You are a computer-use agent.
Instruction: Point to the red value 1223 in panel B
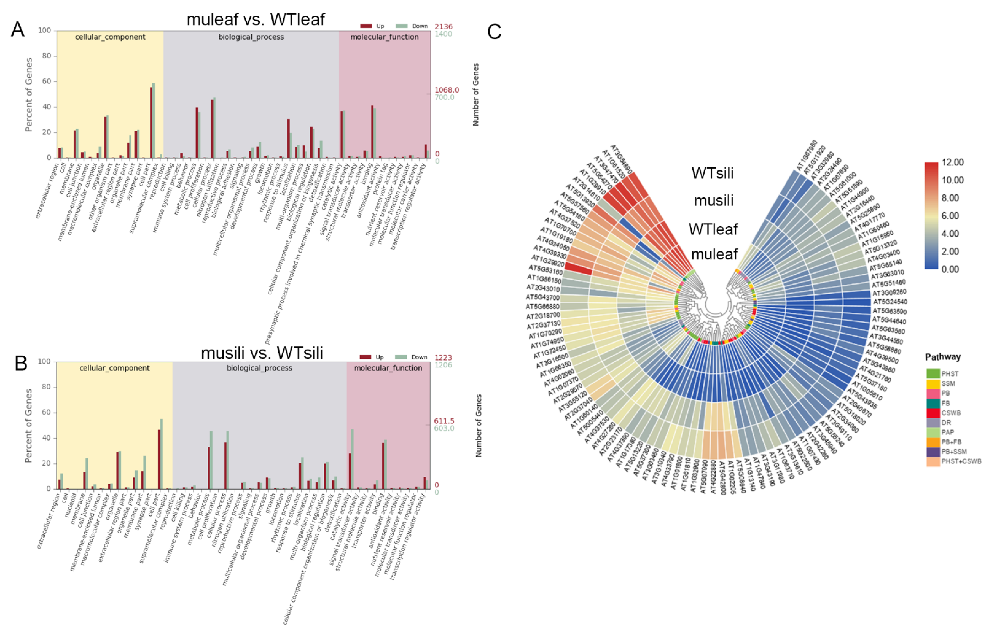click(x=443, y=358)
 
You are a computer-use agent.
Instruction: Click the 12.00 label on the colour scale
click(x=952, y=162)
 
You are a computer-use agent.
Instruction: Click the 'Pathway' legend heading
click(x=942, y=357)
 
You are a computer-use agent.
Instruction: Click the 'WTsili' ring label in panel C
click(x=712, y=173)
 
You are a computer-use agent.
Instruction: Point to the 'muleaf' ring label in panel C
click(x=714, y=254)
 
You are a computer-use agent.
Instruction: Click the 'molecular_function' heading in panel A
click(x=384, y=37)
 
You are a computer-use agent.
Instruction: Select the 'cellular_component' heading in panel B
click(x=114, y=368)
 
